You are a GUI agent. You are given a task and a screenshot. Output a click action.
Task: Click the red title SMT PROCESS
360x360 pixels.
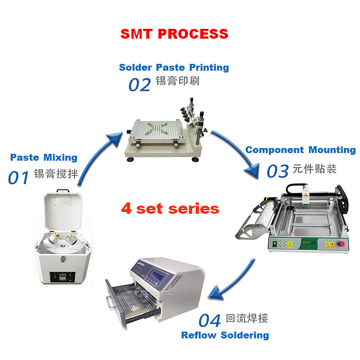click(x=174, y=34)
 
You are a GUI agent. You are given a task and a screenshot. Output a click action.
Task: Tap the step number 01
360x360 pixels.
click(x=18, y=177)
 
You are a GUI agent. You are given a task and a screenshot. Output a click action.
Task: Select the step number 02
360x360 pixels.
click(x=139, y=84)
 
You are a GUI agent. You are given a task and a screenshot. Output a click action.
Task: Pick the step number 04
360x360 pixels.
click(x=210, y=321)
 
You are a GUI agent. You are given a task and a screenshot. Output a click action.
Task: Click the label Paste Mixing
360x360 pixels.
click(x=44, y=157)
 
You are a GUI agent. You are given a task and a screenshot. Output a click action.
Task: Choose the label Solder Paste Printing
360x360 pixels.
click(x=174, y=67)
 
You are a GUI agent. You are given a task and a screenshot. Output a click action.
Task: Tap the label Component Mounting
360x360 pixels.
click(x=301, y=150)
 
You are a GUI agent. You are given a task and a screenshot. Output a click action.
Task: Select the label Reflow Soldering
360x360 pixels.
click(x=225, y=335)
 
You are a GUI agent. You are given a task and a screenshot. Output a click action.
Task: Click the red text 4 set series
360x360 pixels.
click(x=170, y=209)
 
